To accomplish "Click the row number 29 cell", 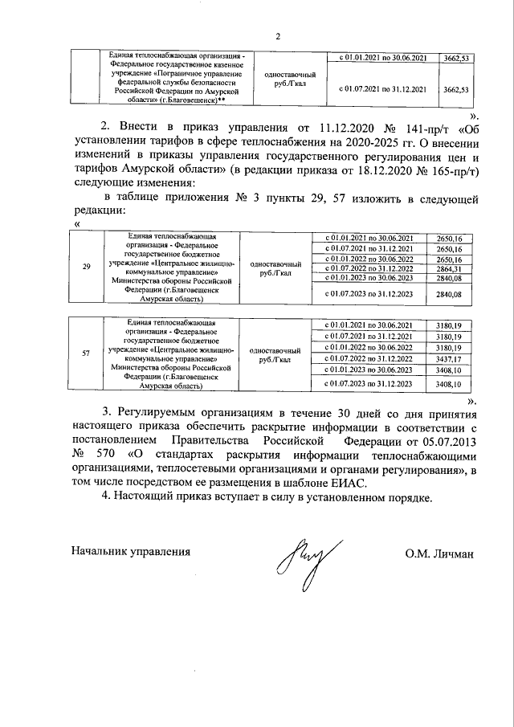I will pos(87,266).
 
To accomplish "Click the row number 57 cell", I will pos(87,353).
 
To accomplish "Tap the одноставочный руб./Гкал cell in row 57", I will pos(276,353).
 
